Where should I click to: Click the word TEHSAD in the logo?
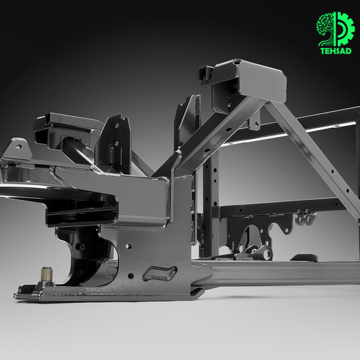[335, 51]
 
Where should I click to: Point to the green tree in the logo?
[326, 29]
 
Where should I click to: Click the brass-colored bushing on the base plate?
[47, 275]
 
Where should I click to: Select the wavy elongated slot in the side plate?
[160, 273]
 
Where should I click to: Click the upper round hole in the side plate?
[128, 247]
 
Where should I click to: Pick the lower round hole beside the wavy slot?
[130, 276]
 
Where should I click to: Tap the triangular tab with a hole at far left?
[17, 149]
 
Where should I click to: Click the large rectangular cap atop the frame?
[259, 80]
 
